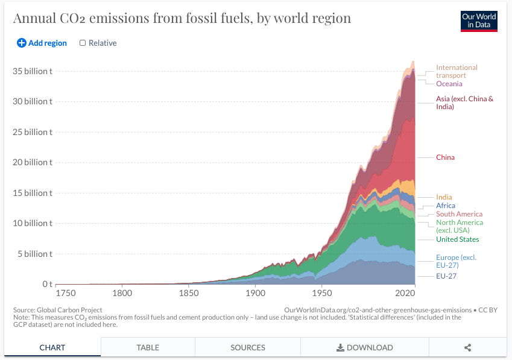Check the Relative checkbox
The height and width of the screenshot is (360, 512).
[83, 43]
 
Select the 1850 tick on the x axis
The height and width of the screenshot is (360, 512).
[189, 293]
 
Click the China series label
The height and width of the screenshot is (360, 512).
[445, 157]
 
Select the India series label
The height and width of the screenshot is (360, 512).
[444, 197]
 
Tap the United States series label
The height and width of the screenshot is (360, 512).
[457, 239]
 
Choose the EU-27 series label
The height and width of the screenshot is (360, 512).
[446, 276]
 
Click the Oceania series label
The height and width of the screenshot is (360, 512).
[449, 84]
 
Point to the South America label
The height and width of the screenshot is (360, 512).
[459, 214]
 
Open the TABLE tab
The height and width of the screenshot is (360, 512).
[148, 347]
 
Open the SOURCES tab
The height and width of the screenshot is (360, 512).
[247, 347]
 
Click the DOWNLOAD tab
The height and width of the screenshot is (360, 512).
[364, 347]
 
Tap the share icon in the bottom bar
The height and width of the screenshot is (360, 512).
[467, 347]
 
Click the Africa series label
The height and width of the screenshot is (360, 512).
[446, 206]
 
